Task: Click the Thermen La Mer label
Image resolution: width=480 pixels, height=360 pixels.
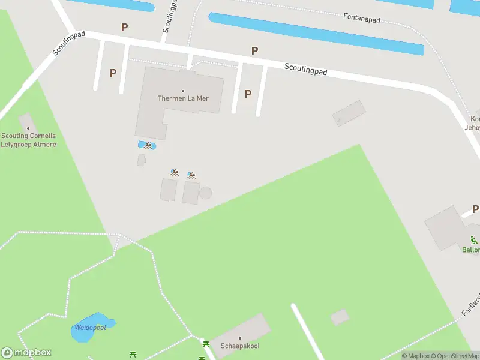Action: point(183,98)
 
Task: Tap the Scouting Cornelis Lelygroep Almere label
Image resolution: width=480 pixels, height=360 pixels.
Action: point(28,140)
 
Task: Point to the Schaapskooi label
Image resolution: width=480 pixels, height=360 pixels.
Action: point(239,347)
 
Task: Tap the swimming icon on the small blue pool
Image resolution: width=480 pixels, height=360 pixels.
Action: point(146,145)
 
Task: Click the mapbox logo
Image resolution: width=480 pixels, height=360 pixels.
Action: point(26,353)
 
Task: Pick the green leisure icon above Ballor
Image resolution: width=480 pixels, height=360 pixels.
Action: point(473,239)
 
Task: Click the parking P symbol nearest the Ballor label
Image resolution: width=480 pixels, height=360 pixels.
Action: point(475,209)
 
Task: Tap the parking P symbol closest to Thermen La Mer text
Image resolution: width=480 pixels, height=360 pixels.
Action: point(248,94)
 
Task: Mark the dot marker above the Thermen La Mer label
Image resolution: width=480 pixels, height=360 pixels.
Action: point(183,91)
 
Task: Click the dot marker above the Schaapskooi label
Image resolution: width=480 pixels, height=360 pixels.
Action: point(239,339)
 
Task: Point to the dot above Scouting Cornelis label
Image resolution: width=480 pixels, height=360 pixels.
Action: point(28,128)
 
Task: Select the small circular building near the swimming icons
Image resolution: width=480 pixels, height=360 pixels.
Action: point(205,193)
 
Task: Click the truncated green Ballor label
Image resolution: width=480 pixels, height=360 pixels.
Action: point(471,250)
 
